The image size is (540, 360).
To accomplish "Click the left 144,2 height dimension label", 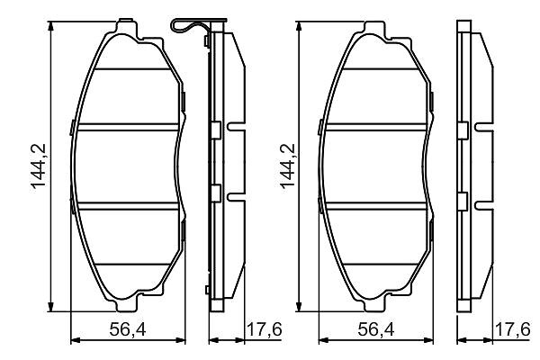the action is click(x=38, y=166).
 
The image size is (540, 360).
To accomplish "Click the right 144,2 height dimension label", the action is click(x=287, y=166).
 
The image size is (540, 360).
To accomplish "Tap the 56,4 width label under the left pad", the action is click(x=128, y=329).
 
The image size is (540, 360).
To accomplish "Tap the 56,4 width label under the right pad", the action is click(x=376, y=329).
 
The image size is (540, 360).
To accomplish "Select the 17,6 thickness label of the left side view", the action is click(x=265, y=329).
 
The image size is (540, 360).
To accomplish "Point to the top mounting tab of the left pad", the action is click(x=127, y=27).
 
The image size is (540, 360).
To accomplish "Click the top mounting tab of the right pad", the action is click(x=374, y=28).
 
